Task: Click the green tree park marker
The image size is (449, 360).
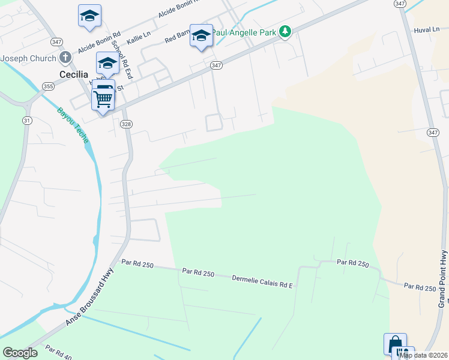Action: point(286,31)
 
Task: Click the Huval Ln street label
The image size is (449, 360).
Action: point(427,29)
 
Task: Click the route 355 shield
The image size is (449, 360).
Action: point(47,86)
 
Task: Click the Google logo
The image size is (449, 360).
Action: point(20,353)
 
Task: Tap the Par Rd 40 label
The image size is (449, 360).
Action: point(59,352)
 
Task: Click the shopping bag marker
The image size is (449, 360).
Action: point(396,344)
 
